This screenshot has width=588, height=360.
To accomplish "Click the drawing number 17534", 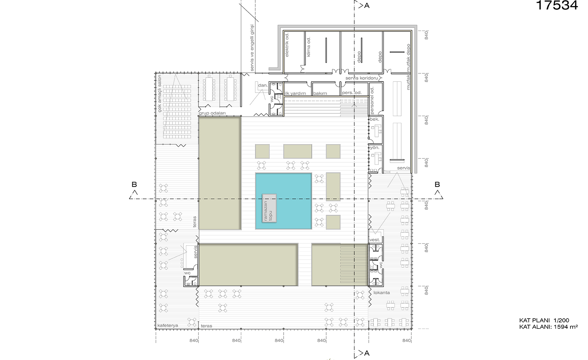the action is click(x=557, y=5).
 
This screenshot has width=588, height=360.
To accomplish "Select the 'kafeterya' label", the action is click(x=168, y=325).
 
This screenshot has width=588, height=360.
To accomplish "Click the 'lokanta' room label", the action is click(x=382, y=292).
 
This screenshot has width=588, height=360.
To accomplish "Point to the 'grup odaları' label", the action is click(x=212, y=113).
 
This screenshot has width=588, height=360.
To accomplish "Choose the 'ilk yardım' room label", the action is click(x=295, y=93).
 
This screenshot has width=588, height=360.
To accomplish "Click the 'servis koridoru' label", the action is click(x=362, y=78).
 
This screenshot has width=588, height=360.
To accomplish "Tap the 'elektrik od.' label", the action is click(x=287, y=45).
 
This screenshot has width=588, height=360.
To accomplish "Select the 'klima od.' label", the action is click(x=309, y=47).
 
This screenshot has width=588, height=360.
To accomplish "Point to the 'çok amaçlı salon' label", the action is click(x=160, y=94).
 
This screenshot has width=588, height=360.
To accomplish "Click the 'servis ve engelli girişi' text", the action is click(x=252, y=48).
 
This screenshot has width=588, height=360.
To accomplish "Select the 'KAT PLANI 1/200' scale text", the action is click(x=544, y=320).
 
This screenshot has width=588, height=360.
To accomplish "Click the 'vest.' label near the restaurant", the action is click(x=374, y=240).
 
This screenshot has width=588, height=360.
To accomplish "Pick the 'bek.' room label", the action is click(x=374, y=119).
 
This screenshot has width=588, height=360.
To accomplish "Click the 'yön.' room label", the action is click(x=374, y=147).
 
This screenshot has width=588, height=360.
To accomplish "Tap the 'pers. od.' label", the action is click(x=352, y=93).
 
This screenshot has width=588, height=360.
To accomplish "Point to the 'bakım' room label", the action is click(x=320, y=93).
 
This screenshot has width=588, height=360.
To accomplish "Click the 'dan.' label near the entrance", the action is click(x=263, y=85).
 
